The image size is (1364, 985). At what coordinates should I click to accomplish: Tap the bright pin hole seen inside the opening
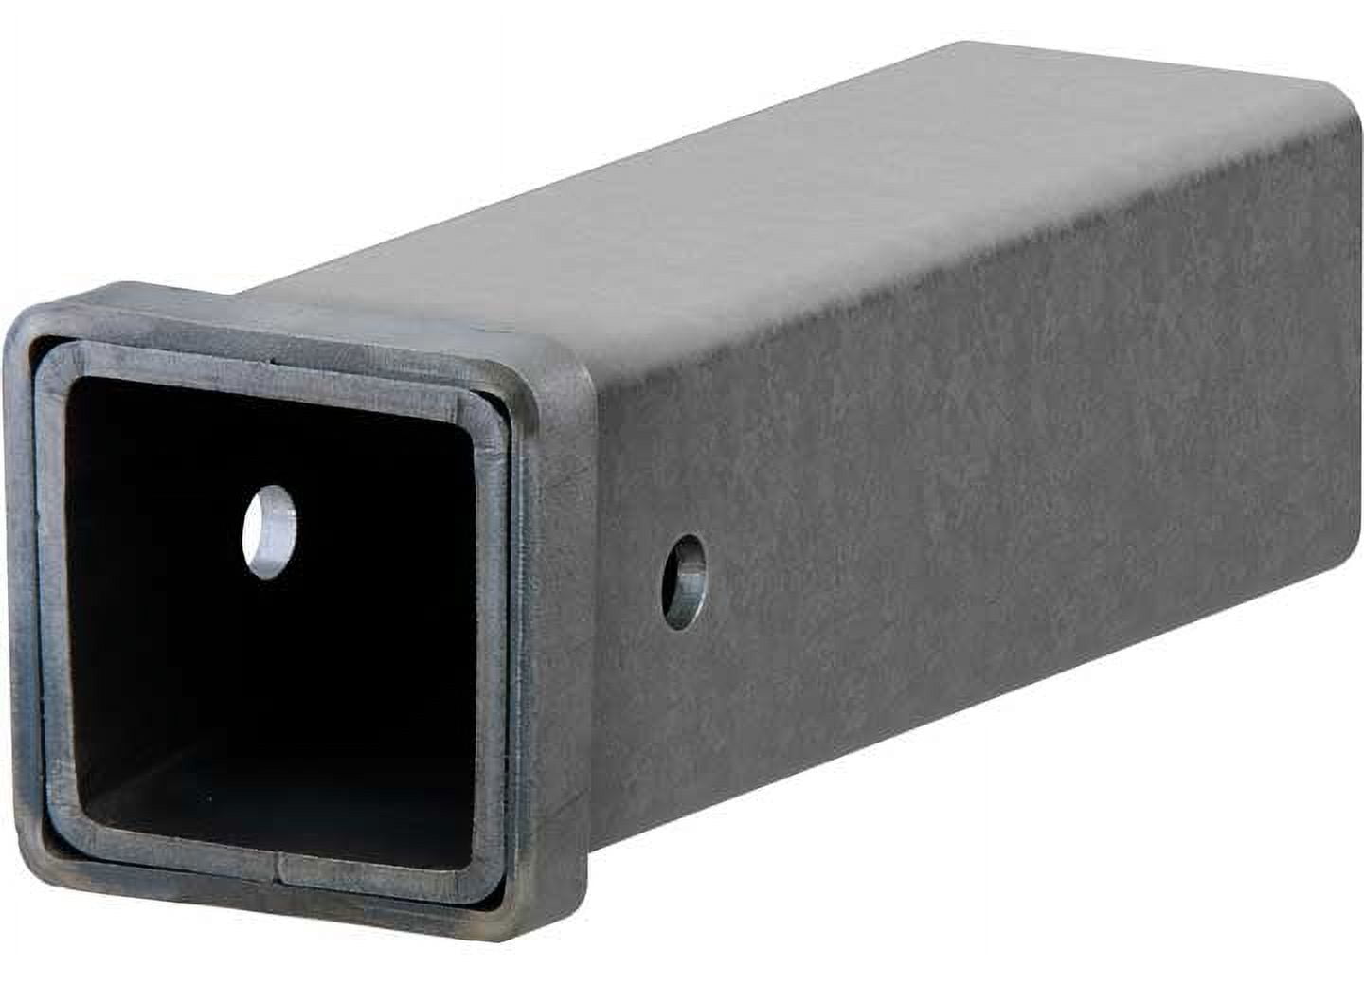click(x=270, y=531)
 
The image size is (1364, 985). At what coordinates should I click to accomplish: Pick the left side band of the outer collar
click(x=21, y=587)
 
